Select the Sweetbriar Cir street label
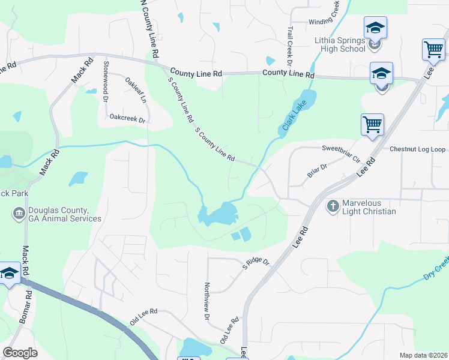click(340, 148)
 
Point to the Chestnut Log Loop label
click(418, 149)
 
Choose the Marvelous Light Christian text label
click(369, 207)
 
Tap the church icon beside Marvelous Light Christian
click(333, 206)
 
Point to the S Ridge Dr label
click(257, 263)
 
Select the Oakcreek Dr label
click(128, 119)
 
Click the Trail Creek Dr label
click(289, 45)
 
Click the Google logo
click(20, 353)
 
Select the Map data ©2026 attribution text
click(423, 355)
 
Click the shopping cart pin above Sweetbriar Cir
click(372, 125)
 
